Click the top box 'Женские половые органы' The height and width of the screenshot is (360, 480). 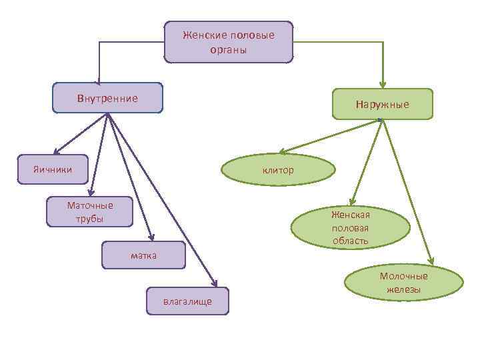point(228,42)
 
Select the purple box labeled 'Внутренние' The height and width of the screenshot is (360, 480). point(107,98)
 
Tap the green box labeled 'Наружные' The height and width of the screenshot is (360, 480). point(382,104)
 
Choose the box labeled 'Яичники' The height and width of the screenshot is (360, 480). point(53,169)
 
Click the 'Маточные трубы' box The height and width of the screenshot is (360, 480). point(90,212)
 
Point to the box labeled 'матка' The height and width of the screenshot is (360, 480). point(143,255)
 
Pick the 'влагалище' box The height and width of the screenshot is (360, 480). point(187,301)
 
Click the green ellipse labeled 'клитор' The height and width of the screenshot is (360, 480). point(278,170)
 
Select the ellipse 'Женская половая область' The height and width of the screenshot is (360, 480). point(350,227)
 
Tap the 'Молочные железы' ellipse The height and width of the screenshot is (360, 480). point(403,283)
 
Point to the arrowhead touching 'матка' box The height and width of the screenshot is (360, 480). point(153,237)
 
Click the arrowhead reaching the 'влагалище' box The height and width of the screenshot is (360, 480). point(214,284)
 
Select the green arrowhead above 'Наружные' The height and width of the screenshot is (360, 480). point(383,84)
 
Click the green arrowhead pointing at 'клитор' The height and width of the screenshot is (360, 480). point(282,151)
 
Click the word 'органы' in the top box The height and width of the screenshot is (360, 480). point(228,49)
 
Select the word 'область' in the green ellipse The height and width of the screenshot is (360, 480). point(351,241)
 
